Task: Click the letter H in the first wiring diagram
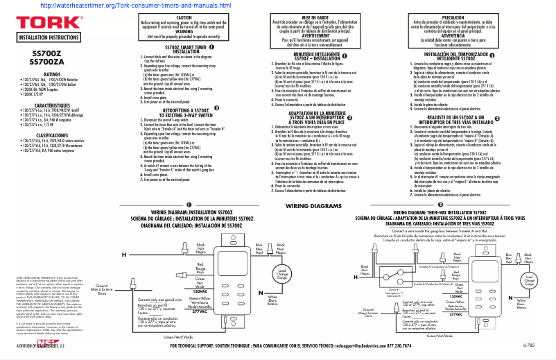(124, 255)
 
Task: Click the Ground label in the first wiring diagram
(101, 286)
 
